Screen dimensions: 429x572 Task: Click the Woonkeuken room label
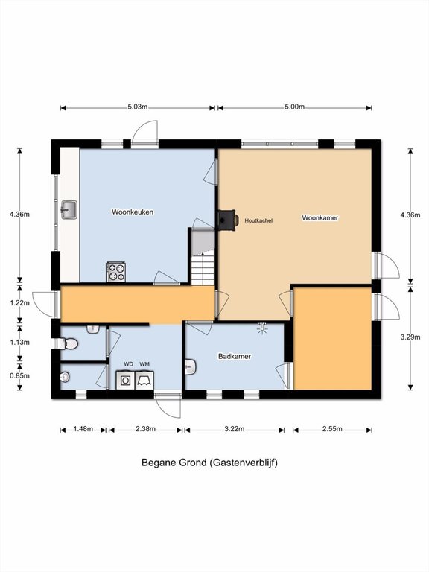point(133,212)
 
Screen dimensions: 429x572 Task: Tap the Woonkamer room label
point(320,217)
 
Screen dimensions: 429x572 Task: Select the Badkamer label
point(235,356)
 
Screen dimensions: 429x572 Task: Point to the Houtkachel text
point(258,220)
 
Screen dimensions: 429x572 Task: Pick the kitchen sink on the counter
point(69,210)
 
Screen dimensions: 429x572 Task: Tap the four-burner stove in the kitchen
point(116,272)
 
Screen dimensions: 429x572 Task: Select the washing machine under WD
point(125,381)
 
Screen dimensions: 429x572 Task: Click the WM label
point(144,364)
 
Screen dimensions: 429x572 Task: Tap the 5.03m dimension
point(138,107)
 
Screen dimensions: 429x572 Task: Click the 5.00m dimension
point(294,107)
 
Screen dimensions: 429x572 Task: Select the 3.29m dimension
point(410,337)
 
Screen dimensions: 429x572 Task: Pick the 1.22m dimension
point(19,302)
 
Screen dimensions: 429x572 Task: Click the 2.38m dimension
point(145,429)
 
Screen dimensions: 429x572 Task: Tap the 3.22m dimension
point(234,429)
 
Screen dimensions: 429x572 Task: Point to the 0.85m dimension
point(19,375)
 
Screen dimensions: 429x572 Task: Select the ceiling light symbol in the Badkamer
point(262,328)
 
